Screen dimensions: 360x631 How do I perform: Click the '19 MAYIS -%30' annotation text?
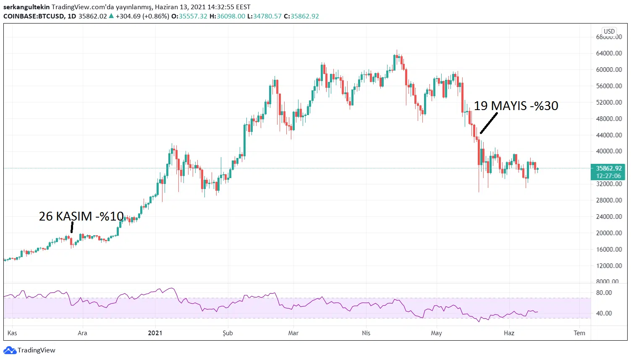click(516, 105)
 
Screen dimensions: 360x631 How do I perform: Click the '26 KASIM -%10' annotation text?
click(81, 216)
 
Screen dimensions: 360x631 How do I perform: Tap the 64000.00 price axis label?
click(609, 53)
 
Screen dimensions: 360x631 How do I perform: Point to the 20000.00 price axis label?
click(609, 233)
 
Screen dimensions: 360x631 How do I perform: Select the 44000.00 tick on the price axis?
click(609, 135)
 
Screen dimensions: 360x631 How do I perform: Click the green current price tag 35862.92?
click(608, 168)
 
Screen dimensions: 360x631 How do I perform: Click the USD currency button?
click(609, 32)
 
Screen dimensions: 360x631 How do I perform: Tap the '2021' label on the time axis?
click(155, 333)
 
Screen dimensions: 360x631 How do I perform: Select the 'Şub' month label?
click(228, 333)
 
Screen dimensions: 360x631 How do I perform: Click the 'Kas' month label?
click(12, 333)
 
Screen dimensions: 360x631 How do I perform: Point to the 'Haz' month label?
click(509, 333)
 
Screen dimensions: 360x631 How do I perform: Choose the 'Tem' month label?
click(579, 333)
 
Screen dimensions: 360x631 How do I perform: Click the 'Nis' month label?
click(366, 333)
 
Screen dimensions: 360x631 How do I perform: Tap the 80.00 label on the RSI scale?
click(604, 293)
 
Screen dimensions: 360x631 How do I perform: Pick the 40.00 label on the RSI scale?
click(604, 313)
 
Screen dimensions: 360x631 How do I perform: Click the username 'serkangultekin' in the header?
click(26, 7)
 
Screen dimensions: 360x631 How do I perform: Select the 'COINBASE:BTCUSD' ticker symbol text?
click(34, 16)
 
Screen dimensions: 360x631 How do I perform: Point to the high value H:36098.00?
click(227, 16)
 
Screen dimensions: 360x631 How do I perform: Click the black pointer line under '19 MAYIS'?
click(489, 123)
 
